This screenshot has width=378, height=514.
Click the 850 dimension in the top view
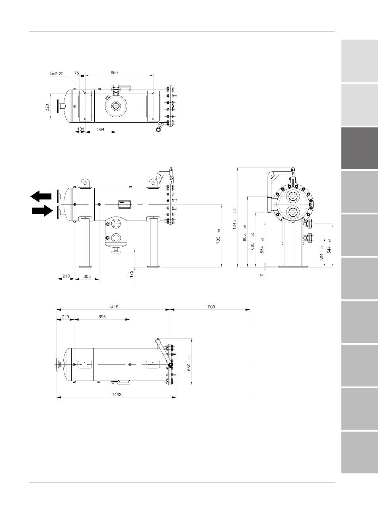click(114, 72)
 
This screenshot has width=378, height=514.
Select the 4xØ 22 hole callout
click(57, 74)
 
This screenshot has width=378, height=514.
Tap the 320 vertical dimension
click(47, 107)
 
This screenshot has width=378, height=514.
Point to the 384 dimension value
click(101, 129)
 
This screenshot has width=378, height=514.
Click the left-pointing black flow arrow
click(41, 196)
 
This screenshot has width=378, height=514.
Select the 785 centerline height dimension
click(218, 240)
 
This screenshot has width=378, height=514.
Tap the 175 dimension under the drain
click(131, 274)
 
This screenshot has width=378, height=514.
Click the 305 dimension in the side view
click(87, 276)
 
